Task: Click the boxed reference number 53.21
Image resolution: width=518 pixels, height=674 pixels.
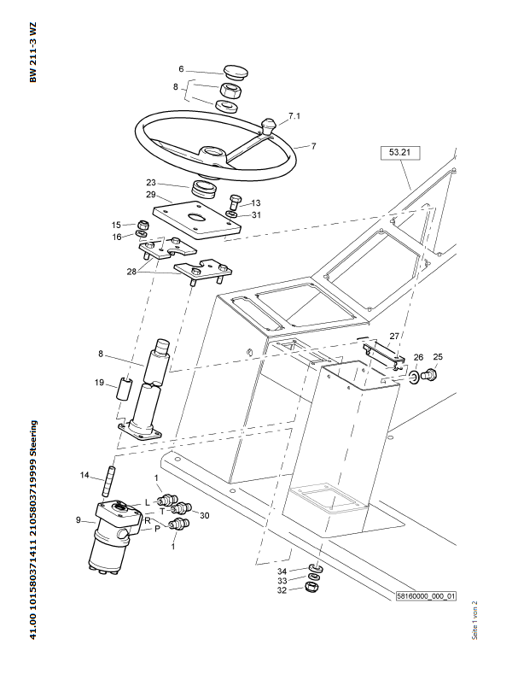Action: [x=400, y=153]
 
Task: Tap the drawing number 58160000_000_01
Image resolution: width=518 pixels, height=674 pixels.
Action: [x=426, y=596]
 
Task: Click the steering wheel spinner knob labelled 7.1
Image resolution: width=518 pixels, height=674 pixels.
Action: [x=269, y=126]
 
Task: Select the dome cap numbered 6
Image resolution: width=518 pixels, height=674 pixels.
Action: [x=236, y=73]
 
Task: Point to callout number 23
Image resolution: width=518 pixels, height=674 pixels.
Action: [x=151, y=183]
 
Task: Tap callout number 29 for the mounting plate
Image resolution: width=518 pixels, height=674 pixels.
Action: [x=151, y=195]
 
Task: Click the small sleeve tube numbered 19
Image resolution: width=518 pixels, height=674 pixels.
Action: [x=123, y=389]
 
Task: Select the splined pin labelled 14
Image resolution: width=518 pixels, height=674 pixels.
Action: [x=108, y=480]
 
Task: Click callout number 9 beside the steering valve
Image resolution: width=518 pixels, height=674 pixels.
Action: [x=79, y=520]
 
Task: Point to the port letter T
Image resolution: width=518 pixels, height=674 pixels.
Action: [x=162, y=511]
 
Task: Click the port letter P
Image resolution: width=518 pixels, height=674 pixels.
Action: [x=157, y=529]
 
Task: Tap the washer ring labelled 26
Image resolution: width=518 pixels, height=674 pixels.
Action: [x=415, y=377]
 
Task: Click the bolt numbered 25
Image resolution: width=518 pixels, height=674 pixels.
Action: [x=429, y=374]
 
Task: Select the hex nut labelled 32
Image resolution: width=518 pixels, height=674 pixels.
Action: [x=311, y=587]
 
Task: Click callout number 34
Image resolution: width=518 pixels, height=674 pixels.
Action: [x=282, y=571]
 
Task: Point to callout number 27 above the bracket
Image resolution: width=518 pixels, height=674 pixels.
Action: [x=394, y=336]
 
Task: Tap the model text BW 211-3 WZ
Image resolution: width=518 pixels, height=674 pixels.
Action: [x=33, y=52]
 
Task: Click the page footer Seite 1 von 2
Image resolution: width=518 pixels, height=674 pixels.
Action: [x=474, y=620]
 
